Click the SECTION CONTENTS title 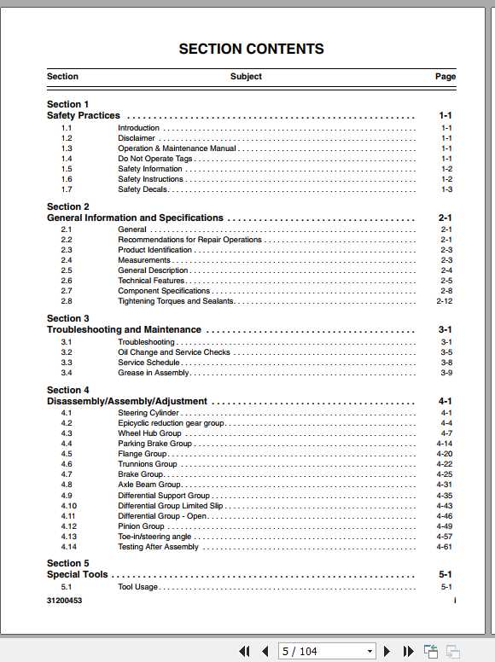coord(251,49)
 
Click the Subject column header coord(246,77)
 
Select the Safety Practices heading coord(84,115)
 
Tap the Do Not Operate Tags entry coord(154,159)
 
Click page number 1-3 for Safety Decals coord(446,189)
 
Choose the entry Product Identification coord(154,250)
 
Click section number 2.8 coord(67,301)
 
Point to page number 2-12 coord(444,301)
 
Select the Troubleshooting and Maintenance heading coord(124,329)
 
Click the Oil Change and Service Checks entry coord(173,352)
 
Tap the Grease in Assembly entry coord(154,373)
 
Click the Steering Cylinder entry coord(148,413)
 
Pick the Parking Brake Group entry coord(154,444)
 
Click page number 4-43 coord(444,506)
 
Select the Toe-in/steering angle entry coord(154,537)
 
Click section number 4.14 coord(68,547)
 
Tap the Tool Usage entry coord(137,587)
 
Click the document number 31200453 coord(65,601)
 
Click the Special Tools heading coord(78,574)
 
